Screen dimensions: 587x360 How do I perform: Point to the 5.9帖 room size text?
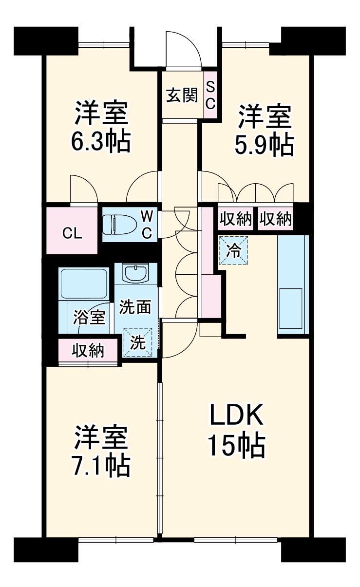pyautogui.click(x=265, y=145)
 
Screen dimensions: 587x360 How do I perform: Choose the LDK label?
pyautogui.click(x=237, y=416)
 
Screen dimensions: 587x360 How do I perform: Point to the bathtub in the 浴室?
pyautogui.click(x=83, y=284)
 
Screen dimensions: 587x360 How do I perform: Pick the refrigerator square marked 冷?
pyautogui.click(x=234, y=250)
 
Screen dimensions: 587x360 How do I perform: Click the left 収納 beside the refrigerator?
pyautogui.click(x=236, y=219)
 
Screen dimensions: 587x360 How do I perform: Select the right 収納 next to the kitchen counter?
pyautogui.click(x=275, y=219)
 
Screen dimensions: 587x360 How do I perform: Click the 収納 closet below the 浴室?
pyautogui.click(x=88, y=350)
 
